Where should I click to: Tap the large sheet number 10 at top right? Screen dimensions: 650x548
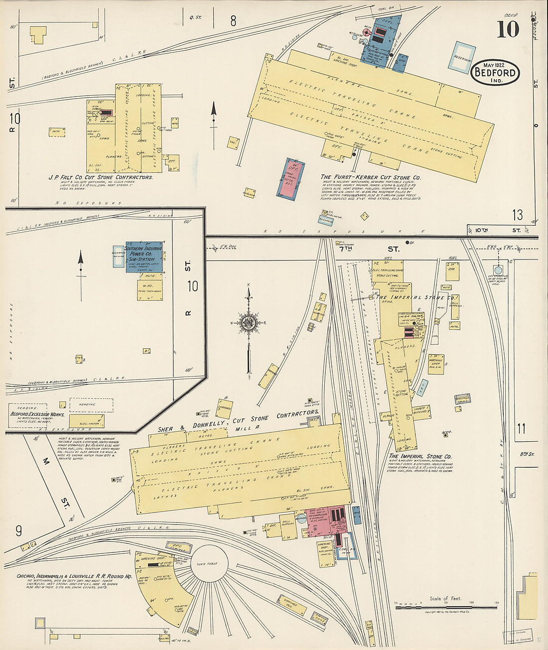point(507,29)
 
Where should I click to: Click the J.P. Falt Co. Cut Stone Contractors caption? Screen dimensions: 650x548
point(100,177)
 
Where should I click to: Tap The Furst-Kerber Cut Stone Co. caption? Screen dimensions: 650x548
point(371,177)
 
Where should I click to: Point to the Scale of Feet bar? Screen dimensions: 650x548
point(446,607)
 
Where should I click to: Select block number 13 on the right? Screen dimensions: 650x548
point(518,215)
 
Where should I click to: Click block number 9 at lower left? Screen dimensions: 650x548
point(18,531)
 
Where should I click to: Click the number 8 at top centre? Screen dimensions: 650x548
point(233,21)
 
